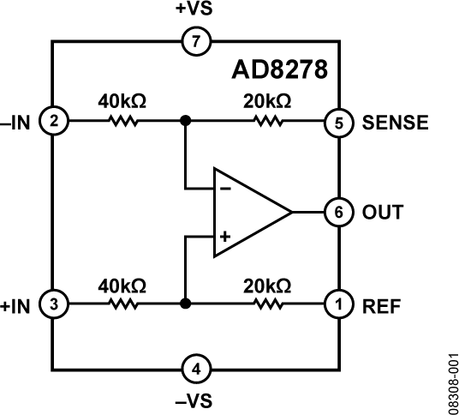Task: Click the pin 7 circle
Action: (x=197, y=40)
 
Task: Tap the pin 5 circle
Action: (x=339, y=122)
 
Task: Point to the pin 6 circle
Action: (x=339, y=212)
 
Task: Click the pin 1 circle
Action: (x=339, y=303)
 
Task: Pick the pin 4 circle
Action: (x=197, y=370)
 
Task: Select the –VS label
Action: (x=197, y=400)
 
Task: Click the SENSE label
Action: (x=395, y=122)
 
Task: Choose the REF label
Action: (x=381, y=303)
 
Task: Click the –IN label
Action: (x=18, y=122)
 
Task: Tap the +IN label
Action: (x=17, y=303)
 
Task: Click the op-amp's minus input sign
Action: (x=224, y=186)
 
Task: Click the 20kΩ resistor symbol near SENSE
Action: (x=269, y=122)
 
